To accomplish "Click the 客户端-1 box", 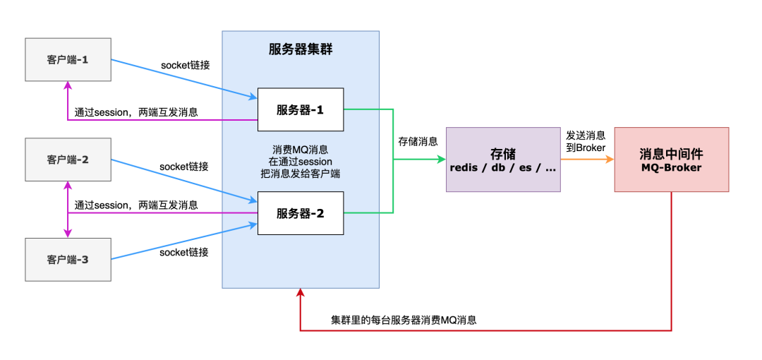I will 68,59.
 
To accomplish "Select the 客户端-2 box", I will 68,160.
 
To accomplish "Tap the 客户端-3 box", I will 68,260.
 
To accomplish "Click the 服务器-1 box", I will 300,109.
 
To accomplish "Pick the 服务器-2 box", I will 300,213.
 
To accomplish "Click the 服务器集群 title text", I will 301,49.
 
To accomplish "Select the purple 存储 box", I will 502,160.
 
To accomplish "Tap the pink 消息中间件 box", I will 671,160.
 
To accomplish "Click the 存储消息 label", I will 418,141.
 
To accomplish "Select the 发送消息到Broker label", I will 586,140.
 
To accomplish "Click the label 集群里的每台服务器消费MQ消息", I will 404,320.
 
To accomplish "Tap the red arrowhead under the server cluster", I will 301,293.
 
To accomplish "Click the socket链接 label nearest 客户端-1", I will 186,65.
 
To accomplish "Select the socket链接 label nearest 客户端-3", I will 184,252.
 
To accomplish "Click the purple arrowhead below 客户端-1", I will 68,85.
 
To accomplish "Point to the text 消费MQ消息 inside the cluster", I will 300,150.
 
